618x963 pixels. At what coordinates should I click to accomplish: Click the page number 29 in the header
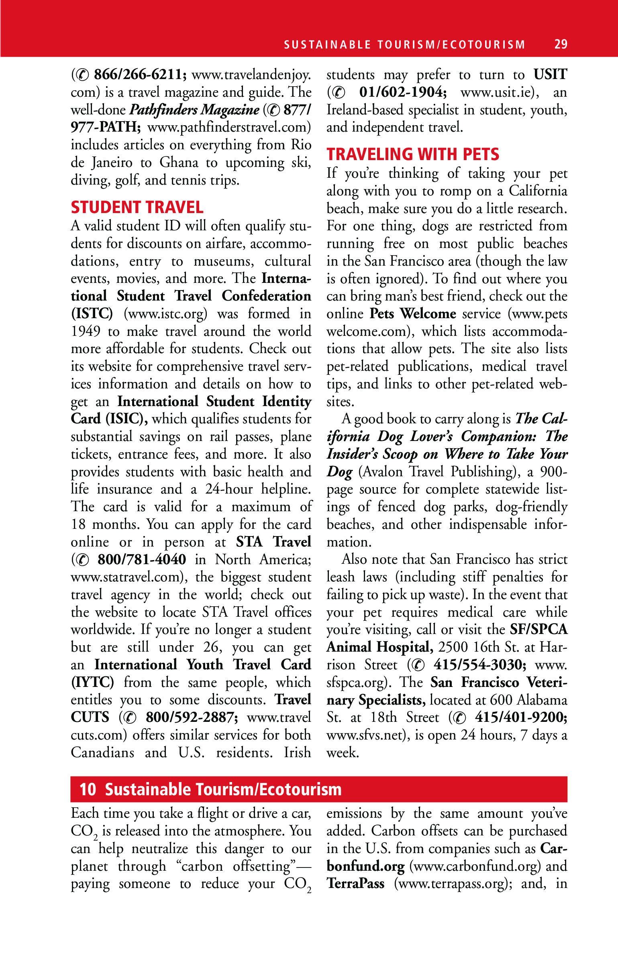(x=561, y=44)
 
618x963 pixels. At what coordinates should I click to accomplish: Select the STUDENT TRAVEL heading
(x=137, y=207)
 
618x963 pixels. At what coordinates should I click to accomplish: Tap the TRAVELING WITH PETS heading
(x=412, y=154)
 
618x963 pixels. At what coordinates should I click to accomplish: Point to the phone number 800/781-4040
(x=142, y=559)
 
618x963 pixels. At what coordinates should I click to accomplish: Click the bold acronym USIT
(x=550, y=75)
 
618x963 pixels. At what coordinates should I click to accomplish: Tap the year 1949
(x=86, y=331)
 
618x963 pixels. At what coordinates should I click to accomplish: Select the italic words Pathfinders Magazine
(x=194, y=110)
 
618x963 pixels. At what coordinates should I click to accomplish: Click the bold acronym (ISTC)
(x=92, y=314)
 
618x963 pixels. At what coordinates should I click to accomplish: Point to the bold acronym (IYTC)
(x=92, y=682)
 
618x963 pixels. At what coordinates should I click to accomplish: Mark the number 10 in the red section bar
(x=88, y=789)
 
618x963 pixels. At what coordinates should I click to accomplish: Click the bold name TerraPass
(x=355, y=884)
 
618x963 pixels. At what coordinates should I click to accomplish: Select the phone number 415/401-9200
(x=521, y=717)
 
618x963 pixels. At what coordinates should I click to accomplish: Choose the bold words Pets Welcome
(x=412, y=314)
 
